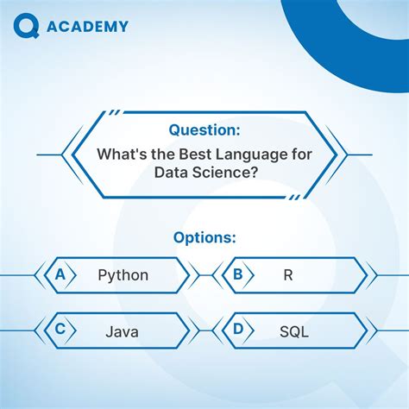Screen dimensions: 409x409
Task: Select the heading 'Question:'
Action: pos(204,130)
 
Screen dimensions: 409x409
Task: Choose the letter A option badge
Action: pos(60,274)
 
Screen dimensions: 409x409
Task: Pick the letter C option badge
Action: pos(60,329)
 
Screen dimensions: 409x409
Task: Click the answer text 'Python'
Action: pos(123,275)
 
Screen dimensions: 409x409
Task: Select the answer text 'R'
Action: pos(287,275)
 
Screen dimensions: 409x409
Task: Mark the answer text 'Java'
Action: pos(123,330)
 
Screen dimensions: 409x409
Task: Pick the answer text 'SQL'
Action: pos(293,330)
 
